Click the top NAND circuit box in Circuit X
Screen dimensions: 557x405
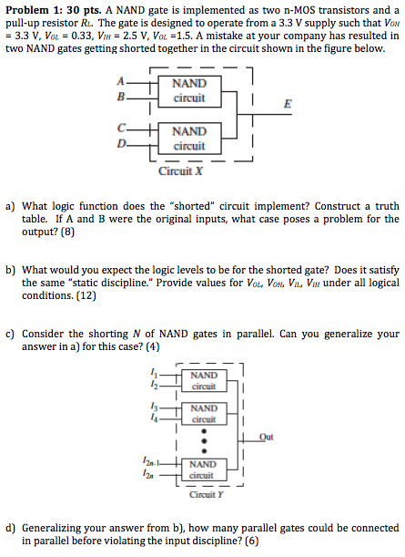(189, 90)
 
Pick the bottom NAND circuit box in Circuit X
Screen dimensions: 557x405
(189, 139)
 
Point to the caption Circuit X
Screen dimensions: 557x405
(180, 171)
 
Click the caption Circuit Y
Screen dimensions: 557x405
(204, 495)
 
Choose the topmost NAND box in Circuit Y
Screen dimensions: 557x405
(204, 379)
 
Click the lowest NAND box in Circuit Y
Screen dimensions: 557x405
(204, 469)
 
